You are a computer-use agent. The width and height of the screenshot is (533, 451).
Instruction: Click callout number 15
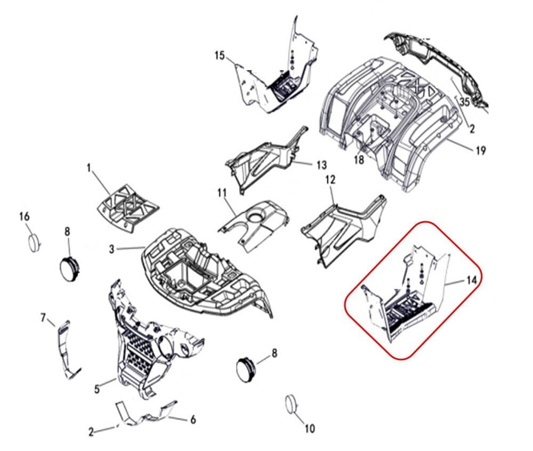point(220,55)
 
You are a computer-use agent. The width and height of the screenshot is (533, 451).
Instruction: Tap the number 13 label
point(321,165)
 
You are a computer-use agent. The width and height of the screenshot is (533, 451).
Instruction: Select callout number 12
point(330,180)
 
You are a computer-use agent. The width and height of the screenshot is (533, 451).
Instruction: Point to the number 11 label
point(222,194)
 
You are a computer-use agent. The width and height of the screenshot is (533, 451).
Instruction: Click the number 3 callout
point(112,249)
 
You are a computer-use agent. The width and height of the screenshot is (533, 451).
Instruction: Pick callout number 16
point(25,216)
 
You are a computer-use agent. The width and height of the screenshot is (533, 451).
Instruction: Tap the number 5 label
point(97,389)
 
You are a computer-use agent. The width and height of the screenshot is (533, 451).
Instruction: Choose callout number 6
point(193,420)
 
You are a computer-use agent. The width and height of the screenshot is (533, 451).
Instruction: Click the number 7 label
point(43,318)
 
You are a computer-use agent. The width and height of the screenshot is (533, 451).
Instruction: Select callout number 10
point(310,429)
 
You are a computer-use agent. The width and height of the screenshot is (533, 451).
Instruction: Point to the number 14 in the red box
point(472,280)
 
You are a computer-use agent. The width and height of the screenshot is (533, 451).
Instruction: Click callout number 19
point(481,150)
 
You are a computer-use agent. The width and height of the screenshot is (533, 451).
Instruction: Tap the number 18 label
point(359,159)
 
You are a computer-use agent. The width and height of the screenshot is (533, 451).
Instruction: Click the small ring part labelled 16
point(34,243)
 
